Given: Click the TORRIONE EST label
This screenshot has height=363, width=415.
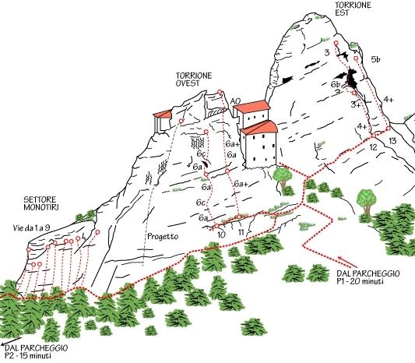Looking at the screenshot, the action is [353, 9].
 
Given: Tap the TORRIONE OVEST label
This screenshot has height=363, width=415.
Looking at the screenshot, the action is [194, 79].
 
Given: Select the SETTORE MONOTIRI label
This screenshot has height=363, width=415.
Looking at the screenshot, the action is [40, 203].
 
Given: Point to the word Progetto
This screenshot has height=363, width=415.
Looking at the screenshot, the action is [163, 236].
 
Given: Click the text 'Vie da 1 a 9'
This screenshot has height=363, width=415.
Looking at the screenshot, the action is [31, 227].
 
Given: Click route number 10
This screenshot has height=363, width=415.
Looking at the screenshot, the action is [222, 234].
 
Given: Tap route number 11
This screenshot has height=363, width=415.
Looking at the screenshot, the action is [241, 233].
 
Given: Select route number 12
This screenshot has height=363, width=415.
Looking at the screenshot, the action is [373, 147].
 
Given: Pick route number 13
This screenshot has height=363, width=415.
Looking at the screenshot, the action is [392, 140].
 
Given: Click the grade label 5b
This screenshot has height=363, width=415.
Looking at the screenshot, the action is [375, 59].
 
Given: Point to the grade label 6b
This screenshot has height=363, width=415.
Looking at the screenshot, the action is [335, 84].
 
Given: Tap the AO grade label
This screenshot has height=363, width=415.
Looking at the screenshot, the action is [235, 101].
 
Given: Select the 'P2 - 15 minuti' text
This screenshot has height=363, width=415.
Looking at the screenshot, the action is [28, 355].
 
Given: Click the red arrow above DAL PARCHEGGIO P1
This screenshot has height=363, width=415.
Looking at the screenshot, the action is [347, 262].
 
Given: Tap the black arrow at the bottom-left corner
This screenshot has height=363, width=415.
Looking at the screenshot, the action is [11, 341].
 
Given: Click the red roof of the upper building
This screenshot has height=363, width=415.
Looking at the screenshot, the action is [251, 106].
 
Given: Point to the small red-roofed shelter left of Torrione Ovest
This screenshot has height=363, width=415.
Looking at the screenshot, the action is [163, 122].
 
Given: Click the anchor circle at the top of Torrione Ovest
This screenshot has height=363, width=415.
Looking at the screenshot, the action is [220, 92].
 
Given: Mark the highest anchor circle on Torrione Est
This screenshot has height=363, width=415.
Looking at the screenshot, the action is [336, 43].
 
